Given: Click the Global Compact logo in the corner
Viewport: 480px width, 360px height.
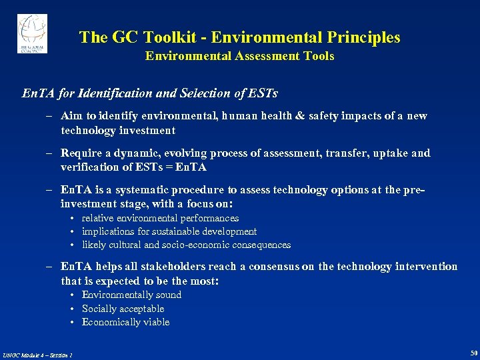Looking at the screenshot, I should coord(32,33).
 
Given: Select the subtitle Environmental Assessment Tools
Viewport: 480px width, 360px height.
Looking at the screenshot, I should coord(239,57).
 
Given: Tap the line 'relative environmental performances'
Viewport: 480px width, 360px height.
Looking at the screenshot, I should coord(160,218).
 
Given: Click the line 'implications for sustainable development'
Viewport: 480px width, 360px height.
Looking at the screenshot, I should coord(169,231).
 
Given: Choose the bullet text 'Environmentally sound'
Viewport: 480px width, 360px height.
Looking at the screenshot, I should coord(131,295).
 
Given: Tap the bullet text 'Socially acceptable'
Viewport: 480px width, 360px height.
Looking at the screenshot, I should coord(123,309).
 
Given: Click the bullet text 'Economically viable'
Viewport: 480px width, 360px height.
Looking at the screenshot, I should coord(125,322).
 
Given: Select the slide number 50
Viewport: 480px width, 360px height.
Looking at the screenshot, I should coord(473,352).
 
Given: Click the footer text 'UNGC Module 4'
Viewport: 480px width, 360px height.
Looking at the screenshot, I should coord(23,354).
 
